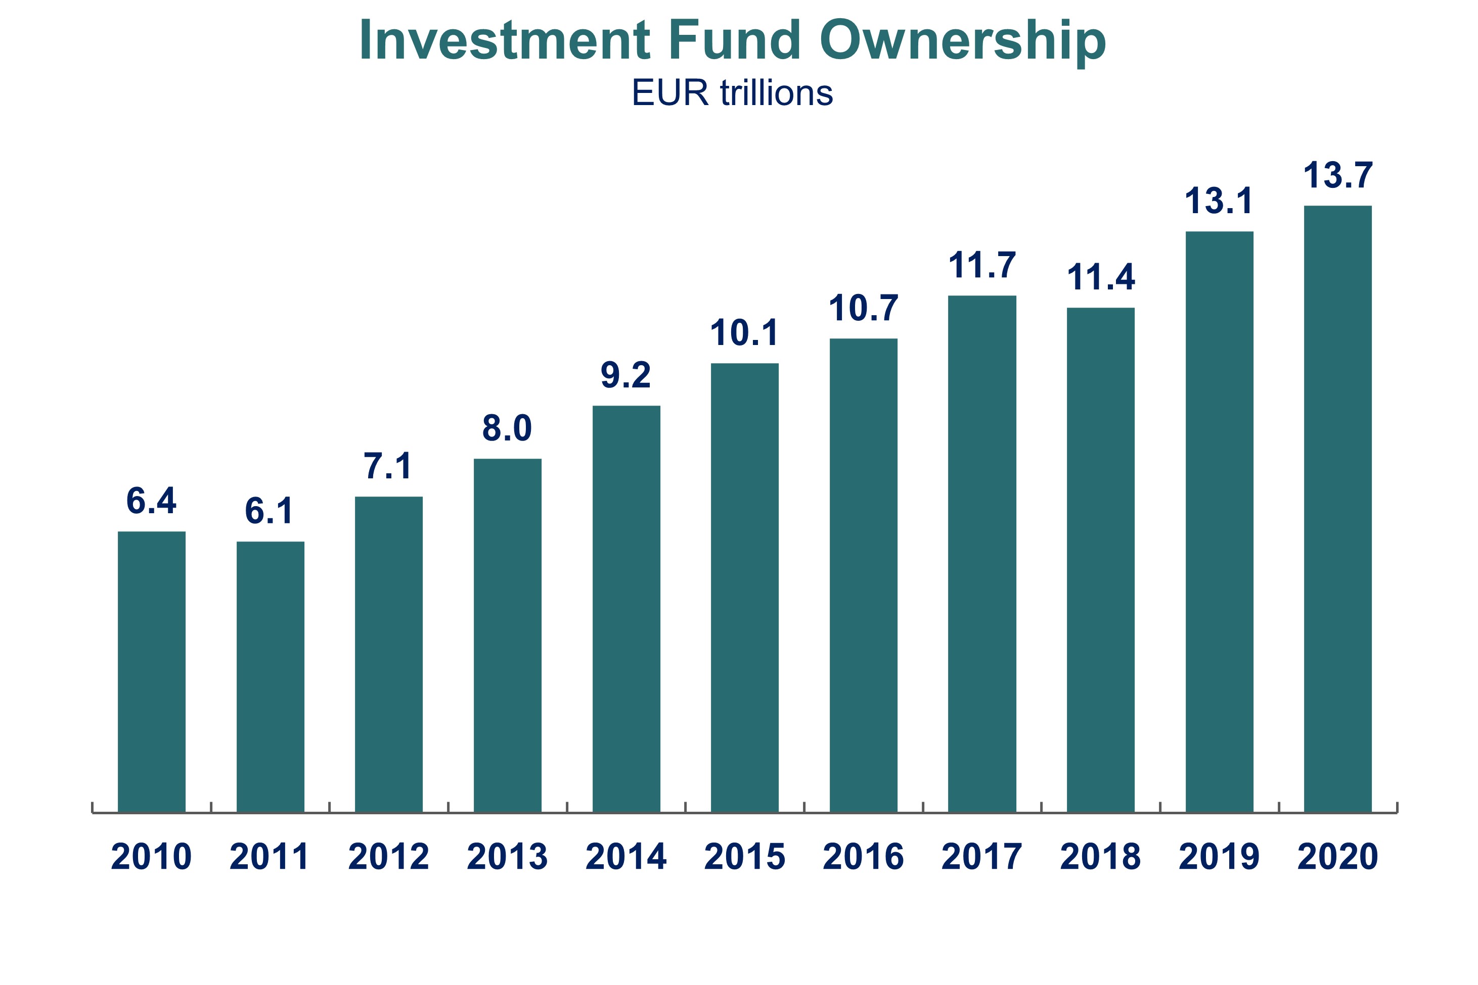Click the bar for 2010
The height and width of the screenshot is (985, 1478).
point(152,672)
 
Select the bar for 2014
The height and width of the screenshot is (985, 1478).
point(626,609)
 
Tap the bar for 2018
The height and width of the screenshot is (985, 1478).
point(1100,560)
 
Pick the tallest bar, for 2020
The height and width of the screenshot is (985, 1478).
point(1338,509)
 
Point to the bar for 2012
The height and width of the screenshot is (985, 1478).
point(388,655)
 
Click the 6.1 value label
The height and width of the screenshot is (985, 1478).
point(269,511)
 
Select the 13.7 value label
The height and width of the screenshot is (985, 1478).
point(1338,175)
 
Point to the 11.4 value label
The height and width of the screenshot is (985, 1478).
point(1101,277)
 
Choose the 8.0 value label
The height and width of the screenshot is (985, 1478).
point(507,428)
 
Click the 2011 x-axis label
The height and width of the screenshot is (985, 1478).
point(270,857)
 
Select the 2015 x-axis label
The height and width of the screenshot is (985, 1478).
point(744,857)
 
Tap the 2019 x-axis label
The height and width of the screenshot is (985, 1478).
point(1219,857)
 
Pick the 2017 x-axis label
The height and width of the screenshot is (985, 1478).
point(981,857)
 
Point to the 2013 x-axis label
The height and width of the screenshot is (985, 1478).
point(507,857)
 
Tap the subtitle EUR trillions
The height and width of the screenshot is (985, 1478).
point(732,93)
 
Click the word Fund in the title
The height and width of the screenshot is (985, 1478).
point(734,41)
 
